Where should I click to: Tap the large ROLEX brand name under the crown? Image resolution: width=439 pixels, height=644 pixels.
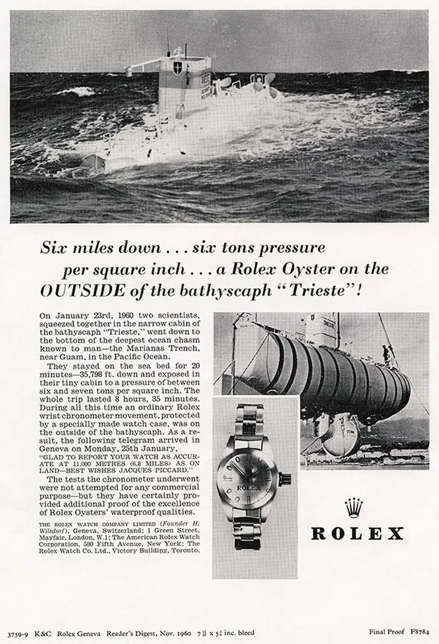tap(357, 534)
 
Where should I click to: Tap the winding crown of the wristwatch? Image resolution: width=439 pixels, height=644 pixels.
tap(287, 478)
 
